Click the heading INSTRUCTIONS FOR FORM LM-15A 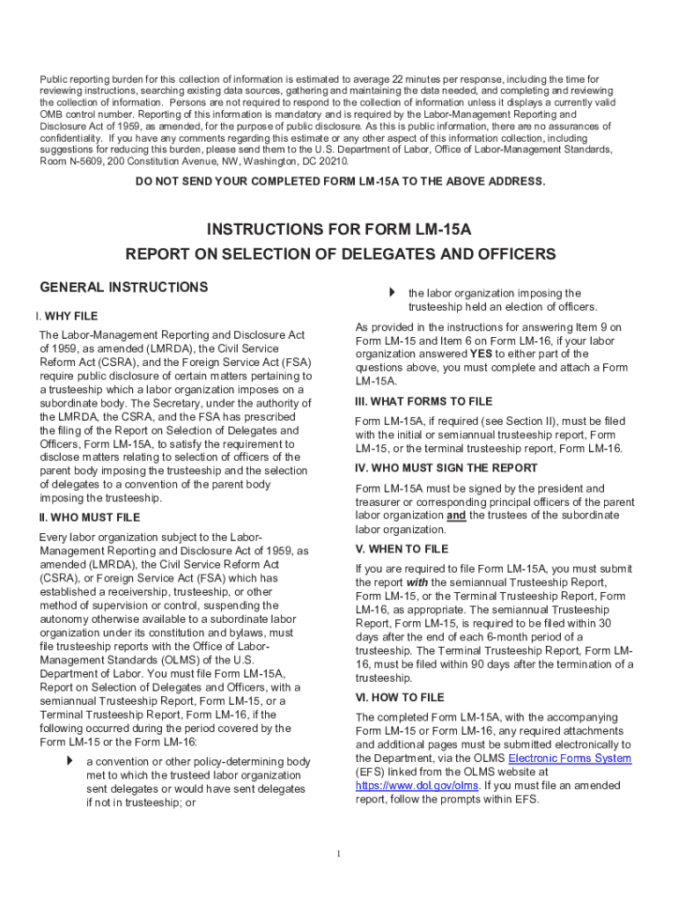(339, 230)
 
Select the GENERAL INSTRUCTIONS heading (124, 288)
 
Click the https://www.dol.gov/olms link (416, 786)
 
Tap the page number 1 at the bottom (339, 853)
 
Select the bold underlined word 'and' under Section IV (456, 516)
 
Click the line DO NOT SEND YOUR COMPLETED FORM (340, 181)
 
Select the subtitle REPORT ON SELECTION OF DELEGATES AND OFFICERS (340, 254)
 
